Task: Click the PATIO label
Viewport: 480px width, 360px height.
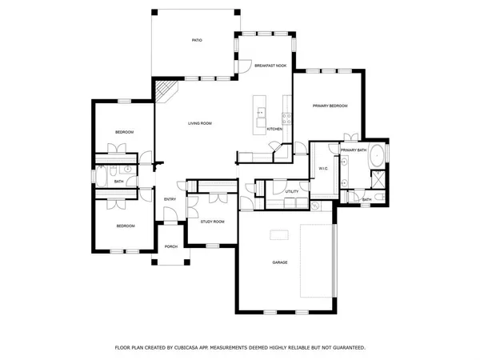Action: pyautogui.click(x=196, y=39)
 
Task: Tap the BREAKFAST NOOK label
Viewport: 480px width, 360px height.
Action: pyautogui.click(x=270, y=66)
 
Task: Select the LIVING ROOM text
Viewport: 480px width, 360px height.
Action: pyautogui.click(x=199, y=123)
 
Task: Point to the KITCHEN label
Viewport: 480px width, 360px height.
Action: pyautogui.click(x=274, y=129)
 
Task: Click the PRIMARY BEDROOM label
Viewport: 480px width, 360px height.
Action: pyautogui.click(x=330, y=105)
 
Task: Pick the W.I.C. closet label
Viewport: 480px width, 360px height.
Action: pyautogui.click(x=323, y=169)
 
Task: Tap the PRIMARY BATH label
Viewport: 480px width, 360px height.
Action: pyautogui.click(x=353, y=150)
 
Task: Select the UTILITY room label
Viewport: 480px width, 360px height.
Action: pyautogui.click(x=291, y=192)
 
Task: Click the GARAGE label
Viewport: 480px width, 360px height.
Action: pyautogui.click(x=279, y=262)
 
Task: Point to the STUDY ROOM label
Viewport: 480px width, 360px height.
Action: pyautogui.click(x=212, y=222)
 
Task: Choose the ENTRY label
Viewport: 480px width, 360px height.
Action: pyautogui.click(x=170, y=199)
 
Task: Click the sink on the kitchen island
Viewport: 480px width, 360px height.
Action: pyautogui.click(x=260, y=113)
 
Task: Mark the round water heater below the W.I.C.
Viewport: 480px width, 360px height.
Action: pyautogui.click(x=315, y=206)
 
